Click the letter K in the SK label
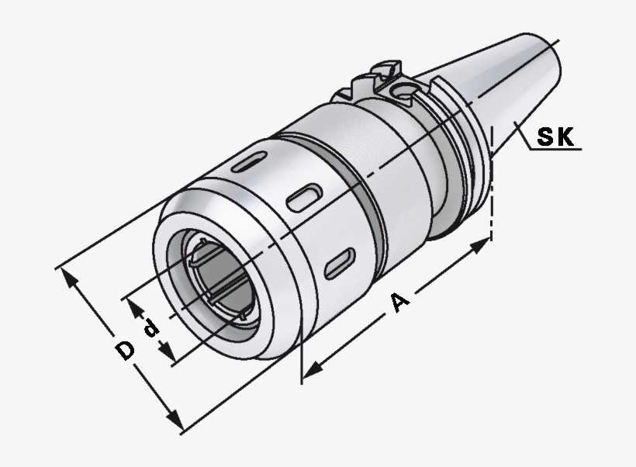pos(565,137)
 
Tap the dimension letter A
pos(399,303)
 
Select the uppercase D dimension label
pos(124,351)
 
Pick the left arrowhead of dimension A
pos(311,371)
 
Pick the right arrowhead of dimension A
pos(482,247)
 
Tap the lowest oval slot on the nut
pos(339,262)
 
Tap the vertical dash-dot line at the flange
pos(492,194)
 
